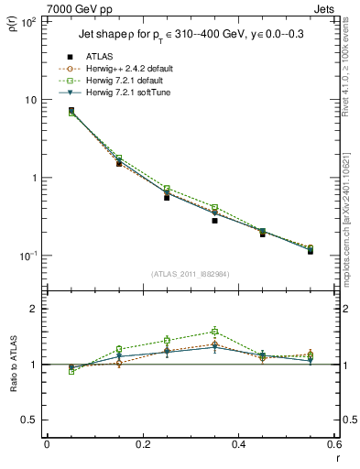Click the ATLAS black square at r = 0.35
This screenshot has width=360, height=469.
click(214, 221)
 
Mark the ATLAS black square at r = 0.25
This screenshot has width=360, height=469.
click(167, 197)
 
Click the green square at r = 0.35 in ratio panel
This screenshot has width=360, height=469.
click(214, 332)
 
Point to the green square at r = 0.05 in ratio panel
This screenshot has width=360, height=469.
click(71, 371)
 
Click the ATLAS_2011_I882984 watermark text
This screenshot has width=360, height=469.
click(191, 274)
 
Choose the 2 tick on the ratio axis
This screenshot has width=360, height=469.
click(37, 310)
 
